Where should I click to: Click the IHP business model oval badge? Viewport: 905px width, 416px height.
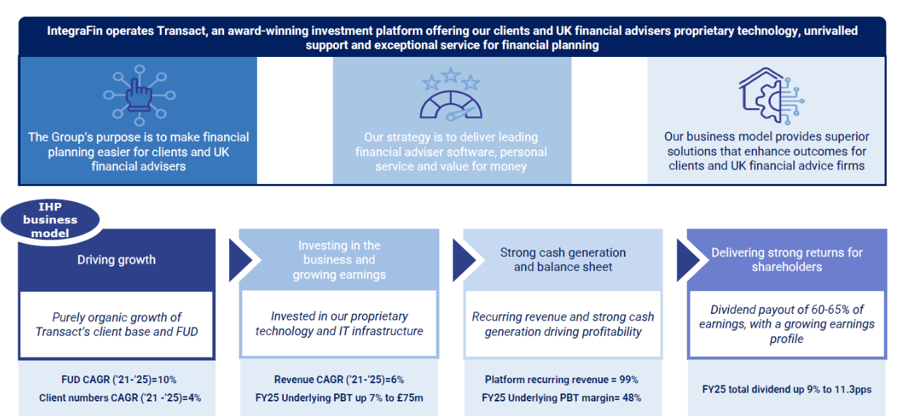coord(50,220)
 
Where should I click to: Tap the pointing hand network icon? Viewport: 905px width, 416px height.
coord(139,96)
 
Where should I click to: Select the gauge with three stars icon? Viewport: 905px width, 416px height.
coord(451,94)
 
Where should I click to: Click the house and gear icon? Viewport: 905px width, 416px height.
coord(771,96)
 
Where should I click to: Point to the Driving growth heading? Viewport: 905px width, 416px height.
coord(116,260)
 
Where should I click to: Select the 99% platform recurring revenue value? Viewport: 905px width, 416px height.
coord(628,380)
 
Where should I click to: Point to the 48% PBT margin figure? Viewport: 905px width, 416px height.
coord(632,398)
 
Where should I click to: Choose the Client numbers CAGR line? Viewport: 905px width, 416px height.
coord(120,398)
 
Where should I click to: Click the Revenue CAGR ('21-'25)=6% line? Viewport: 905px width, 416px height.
coord(339,380)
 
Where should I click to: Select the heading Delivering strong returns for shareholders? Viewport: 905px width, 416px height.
coord(787,260)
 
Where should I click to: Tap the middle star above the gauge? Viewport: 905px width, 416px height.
coord(451,75)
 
